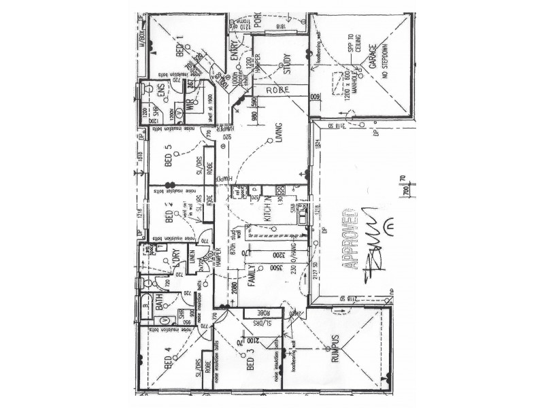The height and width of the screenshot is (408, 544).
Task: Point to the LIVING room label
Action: (278, 143)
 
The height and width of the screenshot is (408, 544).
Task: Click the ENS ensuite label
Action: (162, 91)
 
